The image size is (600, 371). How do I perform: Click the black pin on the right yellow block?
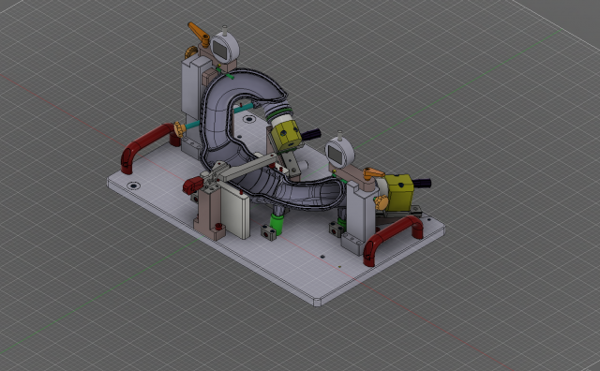[423, 183]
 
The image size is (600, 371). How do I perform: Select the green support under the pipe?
[273, 226]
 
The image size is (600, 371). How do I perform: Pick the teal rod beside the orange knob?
[191, 125]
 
